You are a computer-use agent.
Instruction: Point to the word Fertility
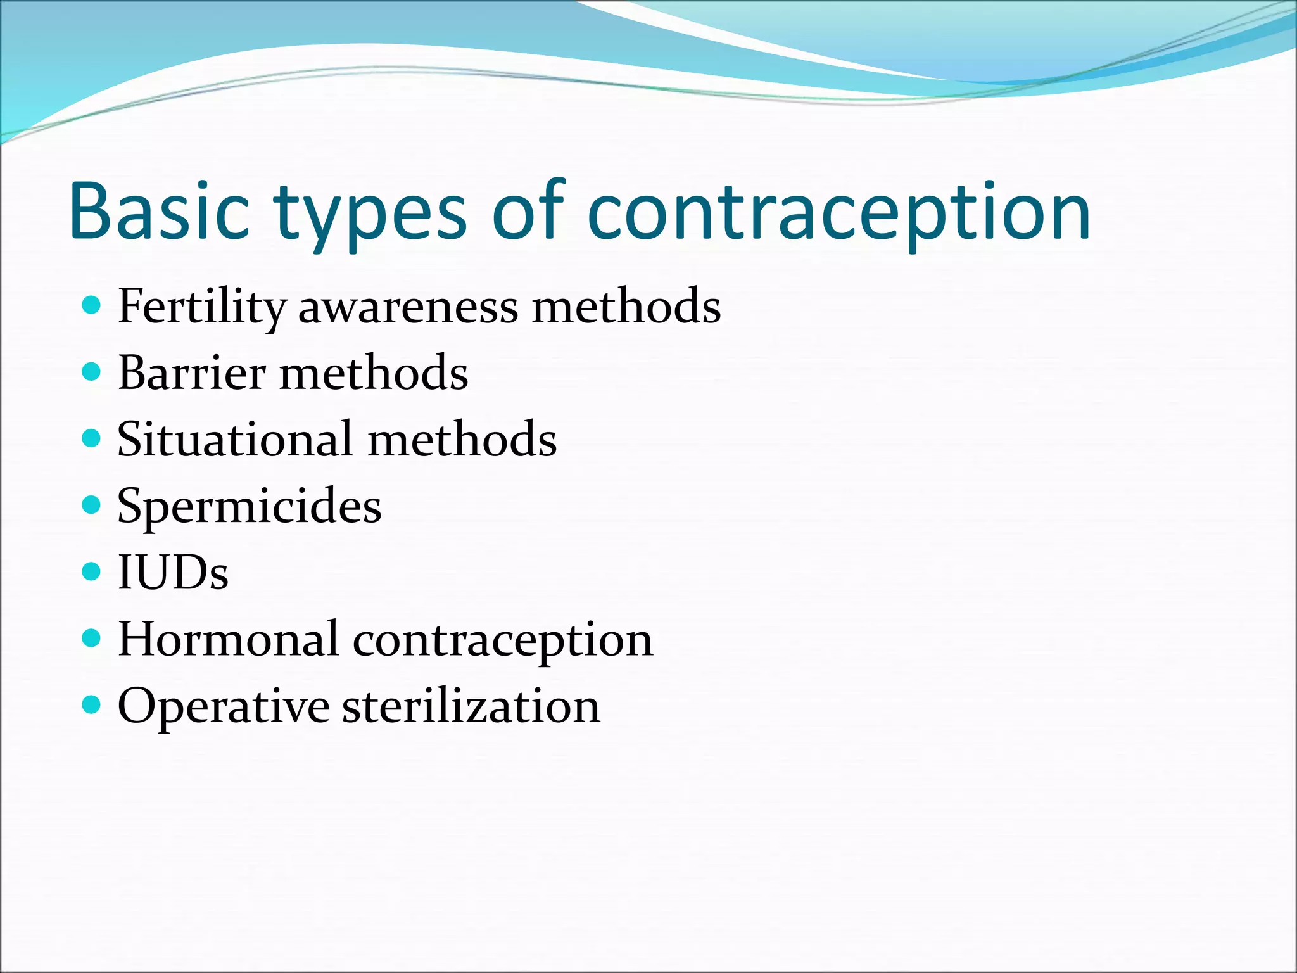point(202,307)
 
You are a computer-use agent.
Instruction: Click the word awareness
point(408,307)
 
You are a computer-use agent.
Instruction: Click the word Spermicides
point(250,507)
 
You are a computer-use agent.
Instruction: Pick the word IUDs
point(173,573)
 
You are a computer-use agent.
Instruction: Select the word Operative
point(224,707)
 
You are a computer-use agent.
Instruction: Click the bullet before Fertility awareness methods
point(92,306)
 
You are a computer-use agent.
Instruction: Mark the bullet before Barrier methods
point(92,371)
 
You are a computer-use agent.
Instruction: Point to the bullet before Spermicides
point(92,505)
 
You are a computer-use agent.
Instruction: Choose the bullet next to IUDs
point(92,571)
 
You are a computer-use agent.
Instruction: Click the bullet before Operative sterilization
point(92,704)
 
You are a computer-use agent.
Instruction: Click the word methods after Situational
point(462,440)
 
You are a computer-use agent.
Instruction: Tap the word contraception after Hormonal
point(503,640)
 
